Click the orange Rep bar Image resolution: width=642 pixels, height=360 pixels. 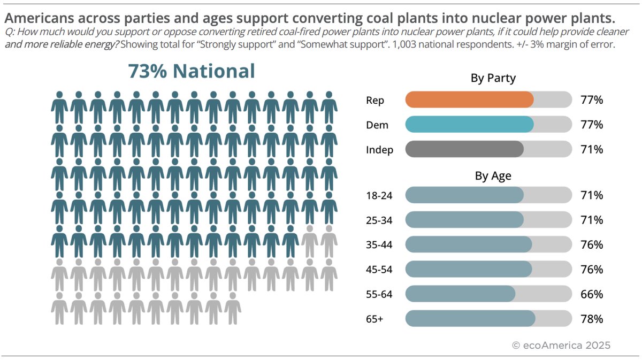469,100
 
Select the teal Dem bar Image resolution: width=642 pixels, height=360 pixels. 469,125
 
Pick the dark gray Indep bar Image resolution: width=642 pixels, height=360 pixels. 464,149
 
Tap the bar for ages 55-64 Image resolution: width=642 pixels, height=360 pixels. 460,294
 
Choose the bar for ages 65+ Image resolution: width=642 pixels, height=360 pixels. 470,319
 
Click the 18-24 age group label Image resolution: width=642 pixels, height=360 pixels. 379,196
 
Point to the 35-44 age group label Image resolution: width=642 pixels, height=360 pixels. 379,245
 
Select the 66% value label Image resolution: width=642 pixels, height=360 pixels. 592,294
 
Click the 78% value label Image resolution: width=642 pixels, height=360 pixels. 592,319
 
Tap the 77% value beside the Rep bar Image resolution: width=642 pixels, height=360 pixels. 592,100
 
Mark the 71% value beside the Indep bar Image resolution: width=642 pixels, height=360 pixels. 592,150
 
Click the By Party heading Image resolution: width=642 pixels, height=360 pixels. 493,79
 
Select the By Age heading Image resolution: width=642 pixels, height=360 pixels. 493,176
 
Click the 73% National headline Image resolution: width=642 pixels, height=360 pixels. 191,71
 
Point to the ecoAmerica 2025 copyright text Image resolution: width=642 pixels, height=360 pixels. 561,345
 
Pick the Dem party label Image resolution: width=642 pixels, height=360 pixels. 377,125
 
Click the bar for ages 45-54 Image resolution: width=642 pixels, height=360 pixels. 469,269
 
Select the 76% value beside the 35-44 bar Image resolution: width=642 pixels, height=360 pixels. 592,245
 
